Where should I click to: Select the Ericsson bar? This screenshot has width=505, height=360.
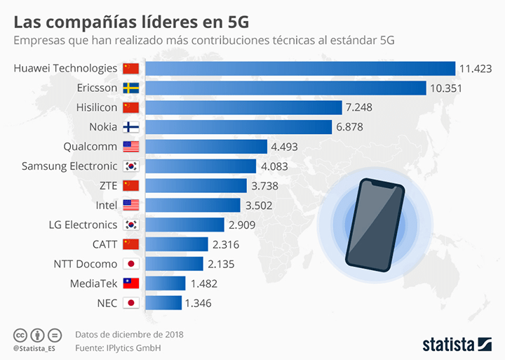click(x=286, y=88)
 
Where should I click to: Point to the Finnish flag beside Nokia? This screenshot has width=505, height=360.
click(x=131, y=127)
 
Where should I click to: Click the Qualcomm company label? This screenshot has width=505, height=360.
click(x=90, y=147)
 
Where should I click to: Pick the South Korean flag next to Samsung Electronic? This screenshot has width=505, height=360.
click(x=131, y=166)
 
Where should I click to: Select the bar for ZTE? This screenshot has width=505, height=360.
click(x=196, y=185)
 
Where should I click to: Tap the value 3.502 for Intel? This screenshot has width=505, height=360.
click(x=258, y=205)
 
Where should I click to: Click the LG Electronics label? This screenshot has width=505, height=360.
click(x=83, y=225)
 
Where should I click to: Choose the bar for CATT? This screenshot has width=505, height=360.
click(x=177, y=244)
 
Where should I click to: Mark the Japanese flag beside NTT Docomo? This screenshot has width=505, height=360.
click(x=131, y=264)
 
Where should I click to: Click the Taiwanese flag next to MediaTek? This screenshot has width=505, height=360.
click(x=131, y=284)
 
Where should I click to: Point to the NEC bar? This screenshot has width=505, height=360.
click(x=164, y=303)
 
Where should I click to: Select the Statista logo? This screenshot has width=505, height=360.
click(x=457, y=344)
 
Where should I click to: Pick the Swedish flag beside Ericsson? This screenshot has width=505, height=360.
click(x=131, y=88)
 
